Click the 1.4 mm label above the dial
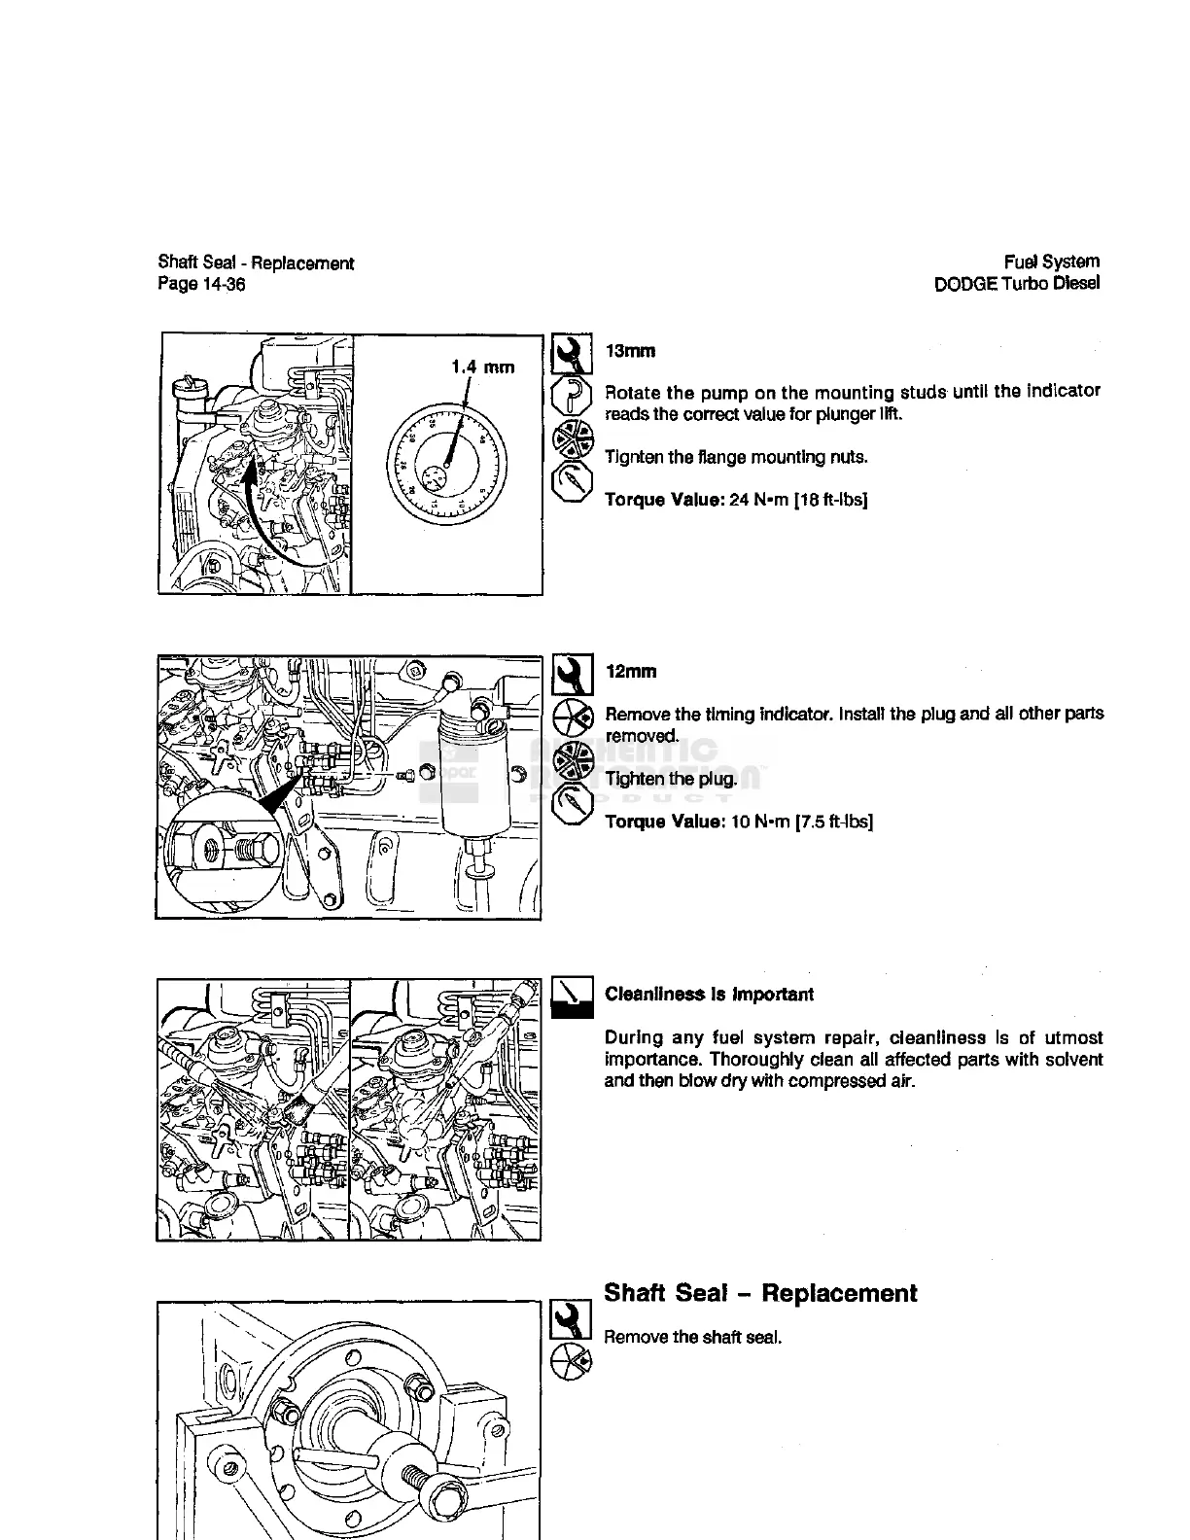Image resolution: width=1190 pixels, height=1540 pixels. [x=482, y=367]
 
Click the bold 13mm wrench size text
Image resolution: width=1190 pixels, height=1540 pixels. [x=630, y=351]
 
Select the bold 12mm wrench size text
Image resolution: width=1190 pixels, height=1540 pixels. [x=630, y=672]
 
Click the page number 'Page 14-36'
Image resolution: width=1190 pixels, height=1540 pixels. [x=201, y=284]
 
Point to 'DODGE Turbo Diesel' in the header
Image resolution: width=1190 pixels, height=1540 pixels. [x=1016, y=284]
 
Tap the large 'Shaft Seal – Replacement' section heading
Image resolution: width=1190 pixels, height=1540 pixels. [x=760, y=1293]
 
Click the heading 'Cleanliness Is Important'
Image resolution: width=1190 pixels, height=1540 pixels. [x=709, y=995]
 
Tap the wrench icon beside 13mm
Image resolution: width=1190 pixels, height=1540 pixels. [x=572, y=355]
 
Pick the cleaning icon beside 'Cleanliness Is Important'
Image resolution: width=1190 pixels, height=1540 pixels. [x=572, y=997]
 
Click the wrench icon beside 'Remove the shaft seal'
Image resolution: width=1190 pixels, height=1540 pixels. [x=572, y=1319]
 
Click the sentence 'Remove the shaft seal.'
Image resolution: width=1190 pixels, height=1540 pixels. [x=693, y=1337]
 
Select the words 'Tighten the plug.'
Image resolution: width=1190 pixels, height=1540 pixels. [x=671, y=779]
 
